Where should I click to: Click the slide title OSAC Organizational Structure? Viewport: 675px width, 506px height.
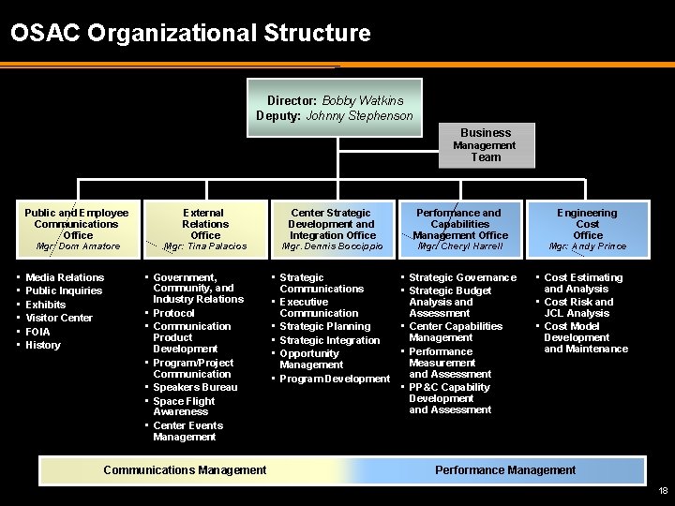190,35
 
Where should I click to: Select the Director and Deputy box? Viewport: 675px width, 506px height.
335,108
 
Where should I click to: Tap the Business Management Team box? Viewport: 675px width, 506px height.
485,144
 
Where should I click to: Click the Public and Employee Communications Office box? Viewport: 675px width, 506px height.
77,224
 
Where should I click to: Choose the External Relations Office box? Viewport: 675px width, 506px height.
204,224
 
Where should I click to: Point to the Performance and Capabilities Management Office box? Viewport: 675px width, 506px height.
459,224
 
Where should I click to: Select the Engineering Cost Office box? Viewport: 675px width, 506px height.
588,224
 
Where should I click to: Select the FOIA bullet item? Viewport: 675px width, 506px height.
37,332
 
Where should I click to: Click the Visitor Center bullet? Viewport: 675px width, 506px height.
58,318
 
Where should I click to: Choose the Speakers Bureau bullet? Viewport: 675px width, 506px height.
195,387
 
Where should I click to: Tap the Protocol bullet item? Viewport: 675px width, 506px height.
173,313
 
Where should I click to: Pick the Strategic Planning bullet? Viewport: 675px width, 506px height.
324,326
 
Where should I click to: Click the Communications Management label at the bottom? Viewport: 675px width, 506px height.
185,469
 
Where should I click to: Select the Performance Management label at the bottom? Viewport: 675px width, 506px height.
505,469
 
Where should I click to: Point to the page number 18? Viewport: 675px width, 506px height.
662,491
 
